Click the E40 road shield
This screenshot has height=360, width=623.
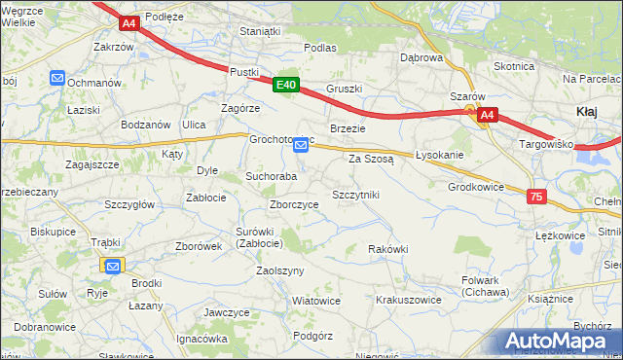(285, 86)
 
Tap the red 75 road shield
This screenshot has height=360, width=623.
(536, 197)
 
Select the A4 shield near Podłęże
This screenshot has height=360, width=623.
(129, 21)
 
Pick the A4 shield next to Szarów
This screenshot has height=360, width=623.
(488, 115)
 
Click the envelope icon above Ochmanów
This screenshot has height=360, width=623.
(57, 78)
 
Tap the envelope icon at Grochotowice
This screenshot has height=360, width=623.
(302, 145)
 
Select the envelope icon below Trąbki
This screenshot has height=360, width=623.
(113, 265)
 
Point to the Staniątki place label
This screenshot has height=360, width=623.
(260, 31)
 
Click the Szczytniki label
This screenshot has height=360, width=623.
(355, 195)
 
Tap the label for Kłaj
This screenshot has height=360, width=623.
(587, 112)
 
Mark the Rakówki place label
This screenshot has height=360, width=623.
(387, 249)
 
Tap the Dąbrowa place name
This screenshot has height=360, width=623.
(421, 57)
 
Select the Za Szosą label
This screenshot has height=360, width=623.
(370, 158)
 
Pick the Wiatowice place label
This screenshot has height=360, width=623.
(316, 301)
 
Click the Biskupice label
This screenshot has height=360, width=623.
(54, 232)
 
